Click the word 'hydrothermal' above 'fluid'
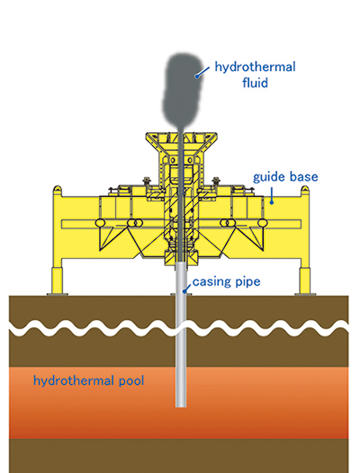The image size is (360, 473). [255, 67]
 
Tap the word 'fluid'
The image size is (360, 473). [255, 83]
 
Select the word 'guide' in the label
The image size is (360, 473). [268, 177]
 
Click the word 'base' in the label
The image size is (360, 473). [303, 176]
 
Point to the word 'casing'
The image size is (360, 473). [210, 282]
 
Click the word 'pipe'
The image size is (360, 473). [246, 282]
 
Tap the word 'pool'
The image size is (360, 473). [131, 381]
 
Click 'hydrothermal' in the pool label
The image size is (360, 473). [74, 380]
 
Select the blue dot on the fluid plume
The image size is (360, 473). [196, 76]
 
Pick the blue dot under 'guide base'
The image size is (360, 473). [272, 202]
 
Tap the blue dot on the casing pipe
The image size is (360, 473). [184, 291]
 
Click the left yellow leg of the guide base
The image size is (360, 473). [58, 280]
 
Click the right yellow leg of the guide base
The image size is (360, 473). [305, 280]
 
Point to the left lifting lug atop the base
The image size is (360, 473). [58, 191]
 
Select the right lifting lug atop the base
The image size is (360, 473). [305, 191]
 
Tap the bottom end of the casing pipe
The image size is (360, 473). [181, 406]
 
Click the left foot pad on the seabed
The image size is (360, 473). [58, 294]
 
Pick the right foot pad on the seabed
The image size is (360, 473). [305, 294]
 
